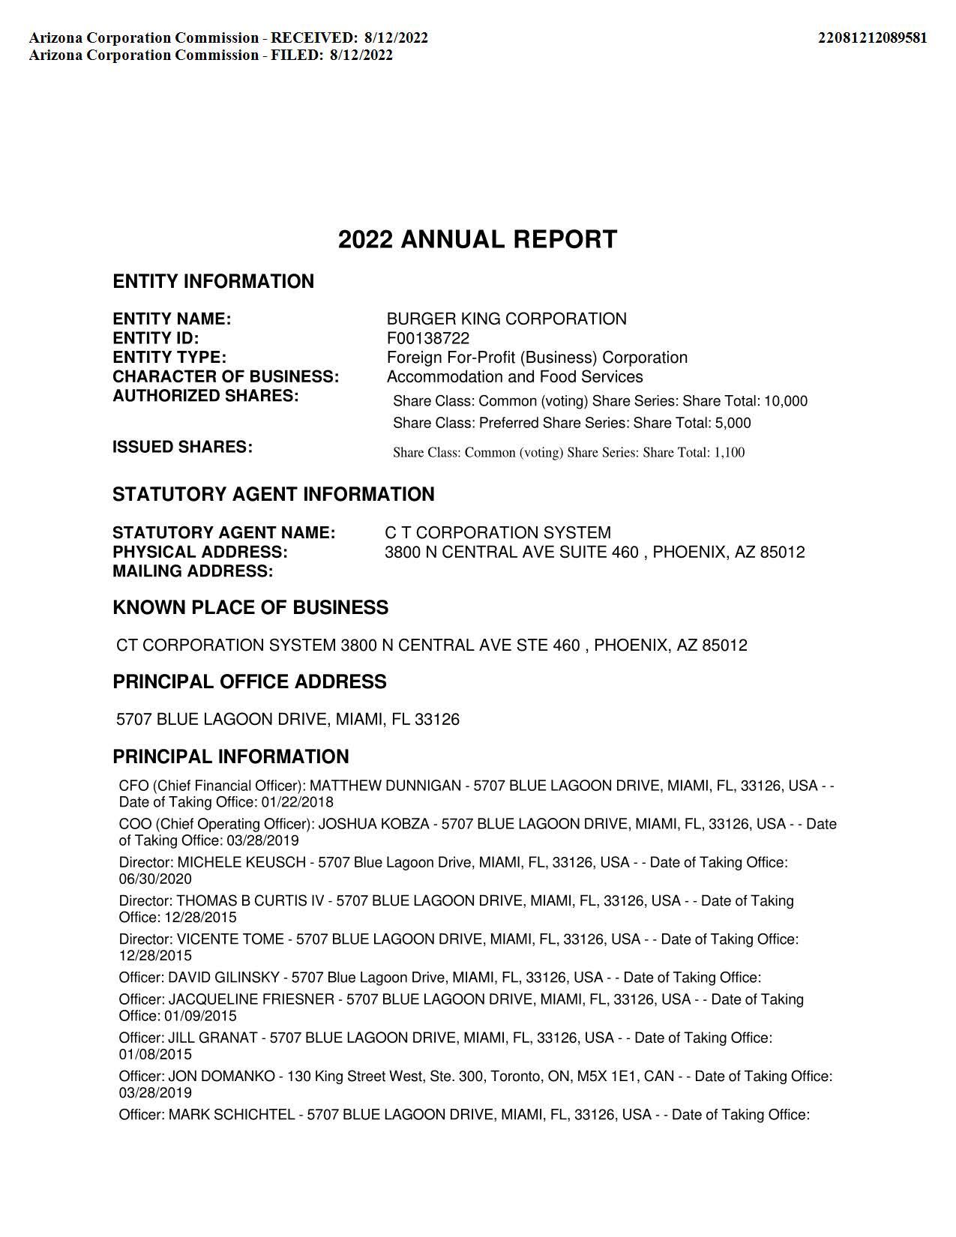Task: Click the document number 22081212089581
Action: [x=872, y=37]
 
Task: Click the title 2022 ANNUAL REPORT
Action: [x=478, y=240]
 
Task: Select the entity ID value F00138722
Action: [x=428, y=338]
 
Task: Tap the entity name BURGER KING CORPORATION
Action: [x=506, y=319]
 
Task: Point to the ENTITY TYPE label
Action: [x=169, y=358]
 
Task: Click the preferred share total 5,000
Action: [x=733, y=423]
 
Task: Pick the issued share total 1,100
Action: [x=729, y=452]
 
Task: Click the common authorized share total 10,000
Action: [x=786, y=401]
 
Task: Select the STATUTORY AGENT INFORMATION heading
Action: [x=273, y=495]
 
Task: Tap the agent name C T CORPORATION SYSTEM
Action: [x=498, y=533]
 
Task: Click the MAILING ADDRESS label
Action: [x=193, y=571]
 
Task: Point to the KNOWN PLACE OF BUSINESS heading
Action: [x=250, y=608]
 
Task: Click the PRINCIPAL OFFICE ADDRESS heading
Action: [x=250, y=682]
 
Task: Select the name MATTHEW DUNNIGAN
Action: [x=385, y=786]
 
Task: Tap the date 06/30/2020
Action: [x=155, y=879]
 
